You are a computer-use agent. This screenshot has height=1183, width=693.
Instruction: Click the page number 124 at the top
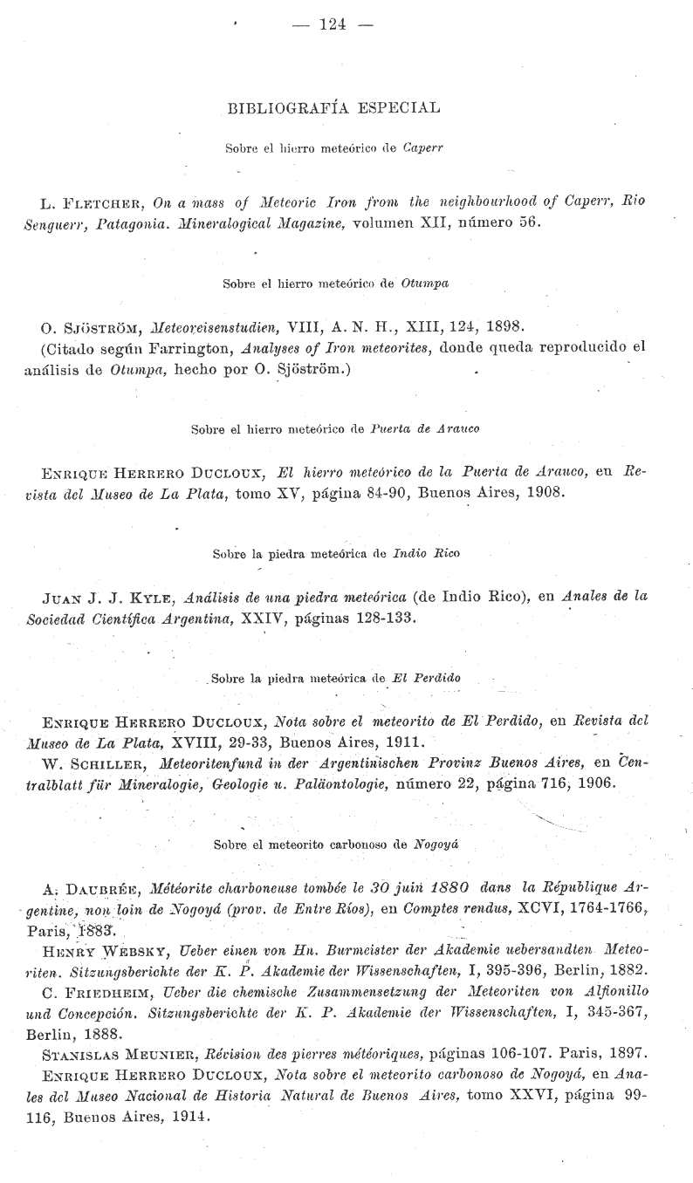(333, 24)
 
